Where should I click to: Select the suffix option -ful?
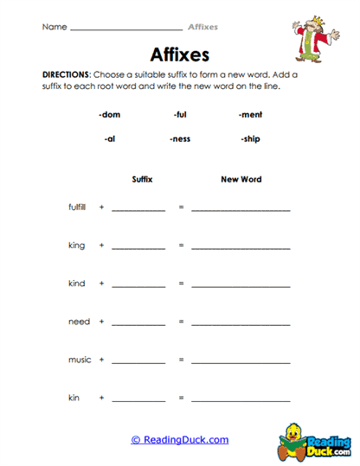180,114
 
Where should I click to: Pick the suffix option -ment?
250,114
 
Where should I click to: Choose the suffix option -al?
110,138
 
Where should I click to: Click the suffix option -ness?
180,138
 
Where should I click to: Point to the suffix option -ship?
250,138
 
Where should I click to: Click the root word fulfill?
78,207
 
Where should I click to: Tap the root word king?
77,246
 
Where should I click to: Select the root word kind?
77,284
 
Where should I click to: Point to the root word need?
79,322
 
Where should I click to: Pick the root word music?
80,360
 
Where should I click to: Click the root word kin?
74,398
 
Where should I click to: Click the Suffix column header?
142,180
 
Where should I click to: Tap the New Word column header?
241,180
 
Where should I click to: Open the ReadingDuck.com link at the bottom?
180,440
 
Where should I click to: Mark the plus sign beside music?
101,360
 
